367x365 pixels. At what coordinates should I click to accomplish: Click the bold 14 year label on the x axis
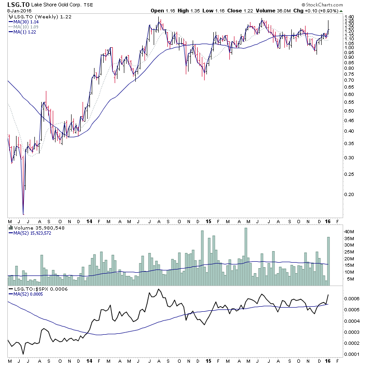click(x=89, y=221)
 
